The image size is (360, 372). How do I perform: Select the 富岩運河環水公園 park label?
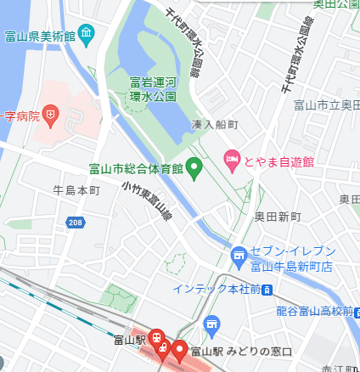pos(153,89)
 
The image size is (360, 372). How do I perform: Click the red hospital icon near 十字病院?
pos(53,112)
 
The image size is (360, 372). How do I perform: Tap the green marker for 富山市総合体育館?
pos(194,167)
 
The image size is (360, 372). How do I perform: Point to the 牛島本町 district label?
pos(76,189)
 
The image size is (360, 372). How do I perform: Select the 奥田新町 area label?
pos(278,217)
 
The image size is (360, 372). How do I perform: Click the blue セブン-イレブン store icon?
pos(239,253)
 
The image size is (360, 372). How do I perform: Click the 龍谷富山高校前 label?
pos(313,311)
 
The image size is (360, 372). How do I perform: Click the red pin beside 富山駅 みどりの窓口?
pos(179,349)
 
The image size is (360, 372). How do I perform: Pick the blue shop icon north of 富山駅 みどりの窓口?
pos(212,324)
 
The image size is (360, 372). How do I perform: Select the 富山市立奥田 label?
pos(325,105)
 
